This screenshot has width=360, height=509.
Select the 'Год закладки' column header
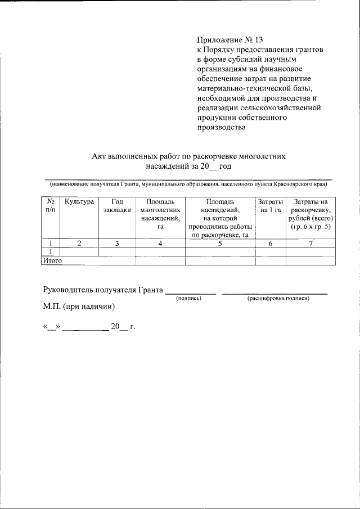pyautogui.click(x=117, y=205)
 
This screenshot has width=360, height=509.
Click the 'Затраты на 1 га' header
pyautogui.click(x=270, y=205)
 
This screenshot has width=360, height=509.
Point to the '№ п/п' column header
pyautogui.click(x=51, y=205)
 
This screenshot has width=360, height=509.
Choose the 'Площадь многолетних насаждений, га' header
pyautogui.click(x=160, y=214)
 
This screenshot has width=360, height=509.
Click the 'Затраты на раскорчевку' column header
pyautogui.click(x=310, y=214)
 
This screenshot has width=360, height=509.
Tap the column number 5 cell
pyautogui.click(x=220, y=243)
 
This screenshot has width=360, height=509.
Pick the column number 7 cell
pyautogui.click(x=310, y=243)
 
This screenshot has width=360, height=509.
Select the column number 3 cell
pyautogui.click(x=117, y=243)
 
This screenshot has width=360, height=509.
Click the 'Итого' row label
pyautogui.click(x=52, y=260)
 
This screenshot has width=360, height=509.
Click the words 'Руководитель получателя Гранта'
pyautogui.click(x=103, y=290)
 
